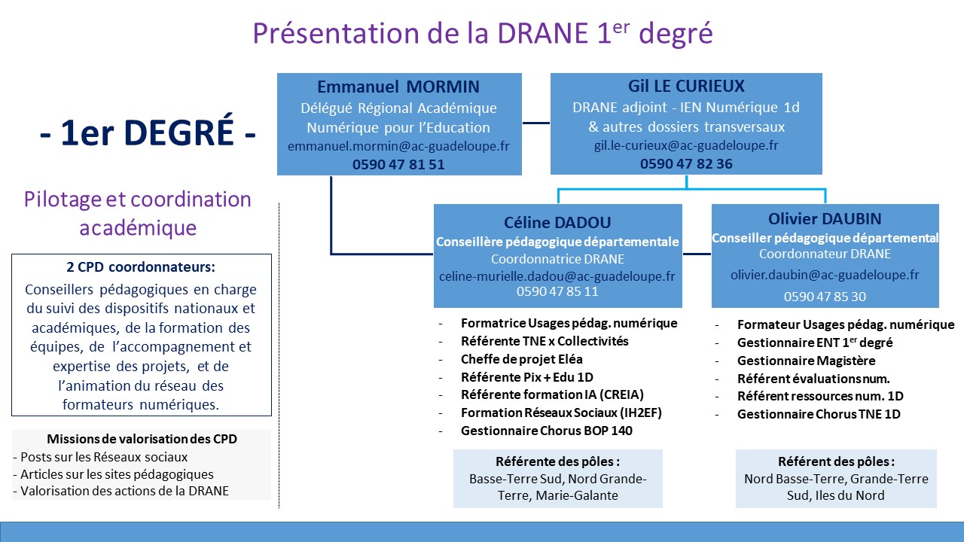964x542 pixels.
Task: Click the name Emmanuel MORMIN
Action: [398, 87]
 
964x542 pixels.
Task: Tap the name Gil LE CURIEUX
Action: [686, 86]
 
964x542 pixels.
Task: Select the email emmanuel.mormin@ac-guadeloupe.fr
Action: [398, 146]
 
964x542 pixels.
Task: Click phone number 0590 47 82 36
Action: [686, 164]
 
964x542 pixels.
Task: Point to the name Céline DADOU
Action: [558, 222]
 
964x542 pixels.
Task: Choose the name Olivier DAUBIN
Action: [825, 219]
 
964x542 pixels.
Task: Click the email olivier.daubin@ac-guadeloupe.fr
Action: [825, 275]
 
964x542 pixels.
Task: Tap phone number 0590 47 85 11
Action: [558, 291]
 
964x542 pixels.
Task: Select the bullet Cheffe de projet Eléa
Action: [522, 359]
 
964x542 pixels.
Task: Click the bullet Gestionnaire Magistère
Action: [806, 361]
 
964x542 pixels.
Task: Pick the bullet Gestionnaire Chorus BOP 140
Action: [547, 431]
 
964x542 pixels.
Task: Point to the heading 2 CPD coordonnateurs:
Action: [141, 267]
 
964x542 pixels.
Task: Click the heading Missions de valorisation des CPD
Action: [142, 439]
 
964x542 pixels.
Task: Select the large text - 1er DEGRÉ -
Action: [148, 133]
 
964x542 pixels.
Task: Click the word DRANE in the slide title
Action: [543, 33]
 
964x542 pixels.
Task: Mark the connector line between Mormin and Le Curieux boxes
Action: [536, 123]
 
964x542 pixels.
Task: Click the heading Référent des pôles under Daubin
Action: [836, 461]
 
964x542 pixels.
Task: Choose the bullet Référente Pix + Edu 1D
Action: [527, 377]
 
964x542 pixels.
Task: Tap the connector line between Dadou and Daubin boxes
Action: [697, 254]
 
